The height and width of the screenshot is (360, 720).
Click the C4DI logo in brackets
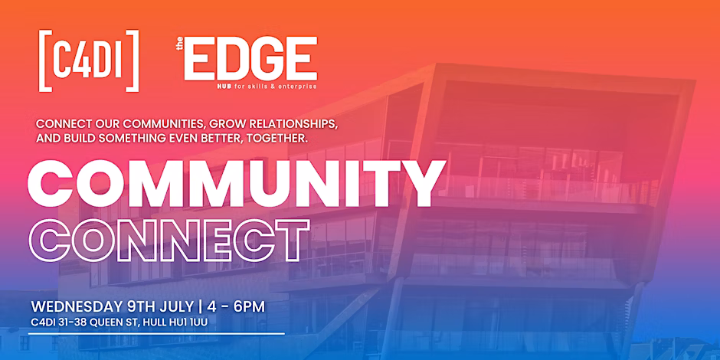[x=89, y=61]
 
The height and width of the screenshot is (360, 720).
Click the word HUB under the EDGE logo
[x=225, y=86]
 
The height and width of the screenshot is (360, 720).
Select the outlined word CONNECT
[x=169, y=241]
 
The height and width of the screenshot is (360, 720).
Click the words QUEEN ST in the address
[x=111, y=322]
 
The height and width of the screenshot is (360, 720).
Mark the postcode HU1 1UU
[x=188, y=322]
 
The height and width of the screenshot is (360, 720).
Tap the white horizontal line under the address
[x=156, y=334]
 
